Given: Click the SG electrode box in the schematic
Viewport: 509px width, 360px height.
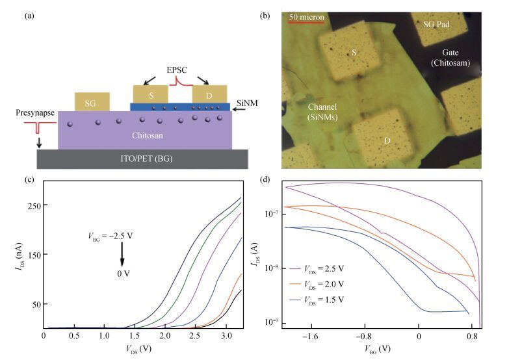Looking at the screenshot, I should pos(92,101).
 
